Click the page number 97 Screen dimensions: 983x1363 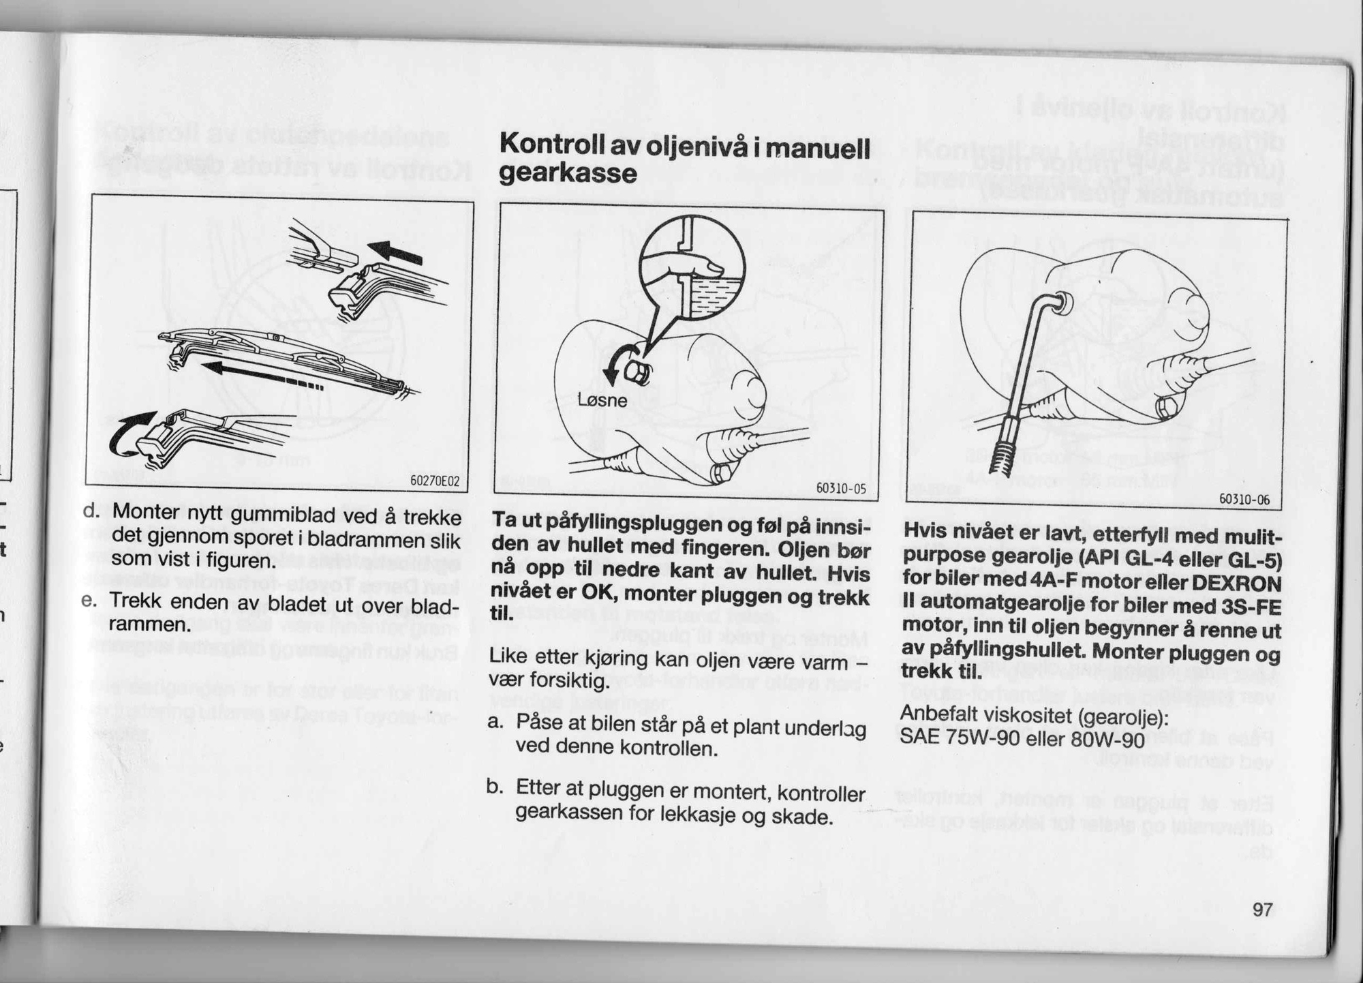pyautogui.click(x=1262, y=909)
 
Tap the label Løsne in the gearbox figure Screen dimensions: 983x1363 pyautogui.click(x=602, y=400)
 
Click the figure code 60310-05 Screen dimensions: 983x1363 pyautogui.click(x=840, y=489)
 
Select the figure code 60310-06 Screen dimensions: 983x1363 pyautogui.click(x=1244, y=500)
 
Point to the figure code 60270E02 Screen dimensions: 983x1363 pyautogui.click(x=435, y=482)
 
